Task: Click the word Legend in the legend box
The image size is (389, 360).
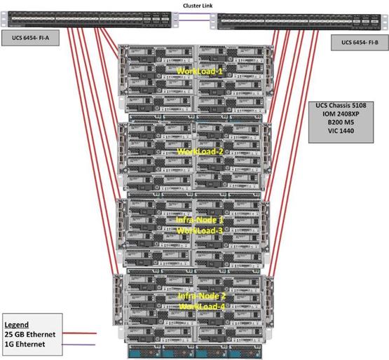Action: click(x=18, y=325)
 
